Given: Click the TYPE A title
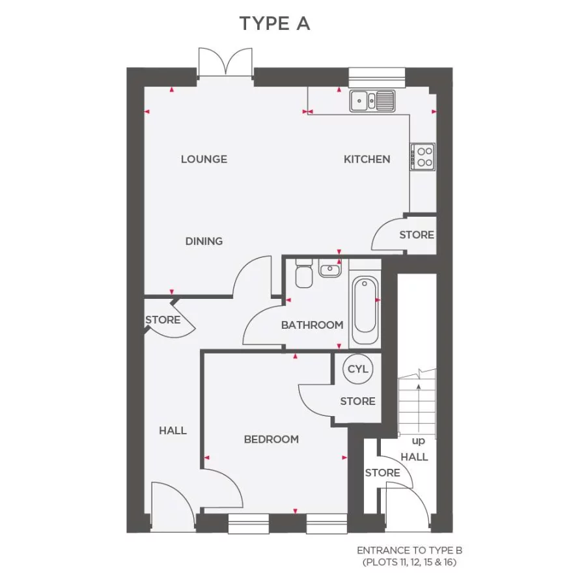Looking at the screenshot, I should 275,24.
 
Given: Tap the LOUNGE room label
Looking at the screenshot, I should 204,159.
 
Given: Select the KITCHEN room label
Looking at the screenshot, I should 367,159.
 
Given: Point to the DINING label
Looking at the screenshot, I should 204,241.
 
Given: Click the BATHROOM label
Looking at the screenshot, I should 312,325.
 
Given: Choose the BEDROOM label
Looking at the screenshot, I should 272,439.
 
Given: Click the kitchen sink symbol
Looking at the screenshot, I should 372,101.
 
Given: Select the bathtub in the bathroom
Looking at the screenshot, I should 365,311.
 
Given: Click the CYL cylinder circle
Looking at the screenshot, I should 357,369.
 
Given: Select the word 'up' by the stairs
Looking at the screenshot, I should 417,441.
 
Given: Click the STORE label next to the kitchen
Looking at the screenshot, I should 417,234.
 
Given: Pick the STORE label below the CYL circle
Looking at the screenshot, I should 357,401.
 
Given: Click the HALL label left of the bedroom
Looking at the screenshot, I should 173,430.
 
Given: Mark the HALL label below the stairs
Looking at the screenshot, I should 414,456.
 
